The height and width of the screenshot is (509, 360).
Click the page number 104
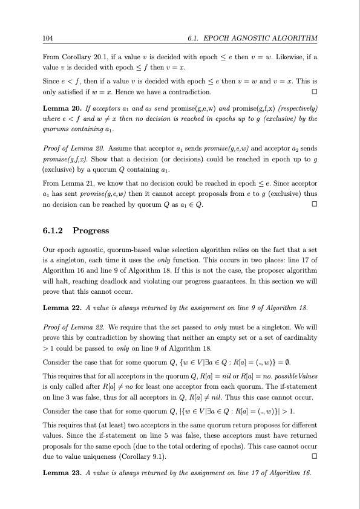coord(47,38)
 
